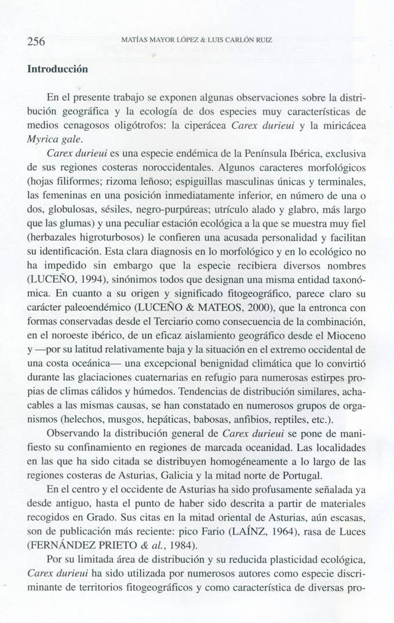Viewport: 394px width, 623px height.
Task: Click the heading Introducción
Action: pyautogui.click(x=57, y=69)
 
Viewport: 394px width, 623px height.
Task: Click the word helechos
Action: pyautogui.click(x=76, y=419)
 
